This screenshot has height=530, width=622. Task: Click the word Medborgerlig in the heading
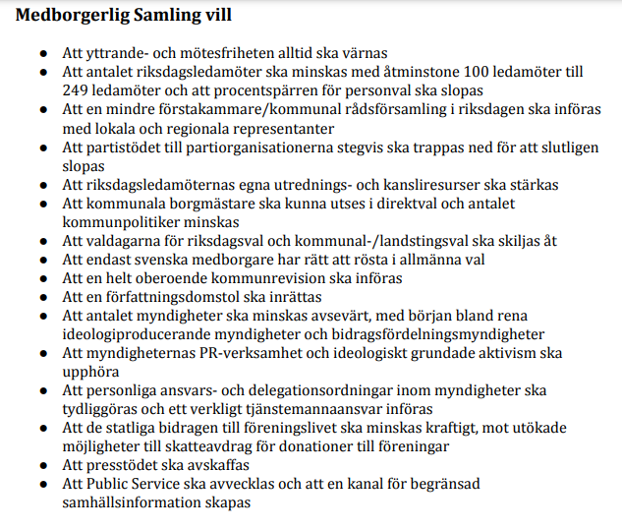76,17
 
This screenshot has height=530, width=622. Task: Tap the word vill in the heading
218,17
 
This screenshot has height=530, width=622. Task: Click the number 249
76,89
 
